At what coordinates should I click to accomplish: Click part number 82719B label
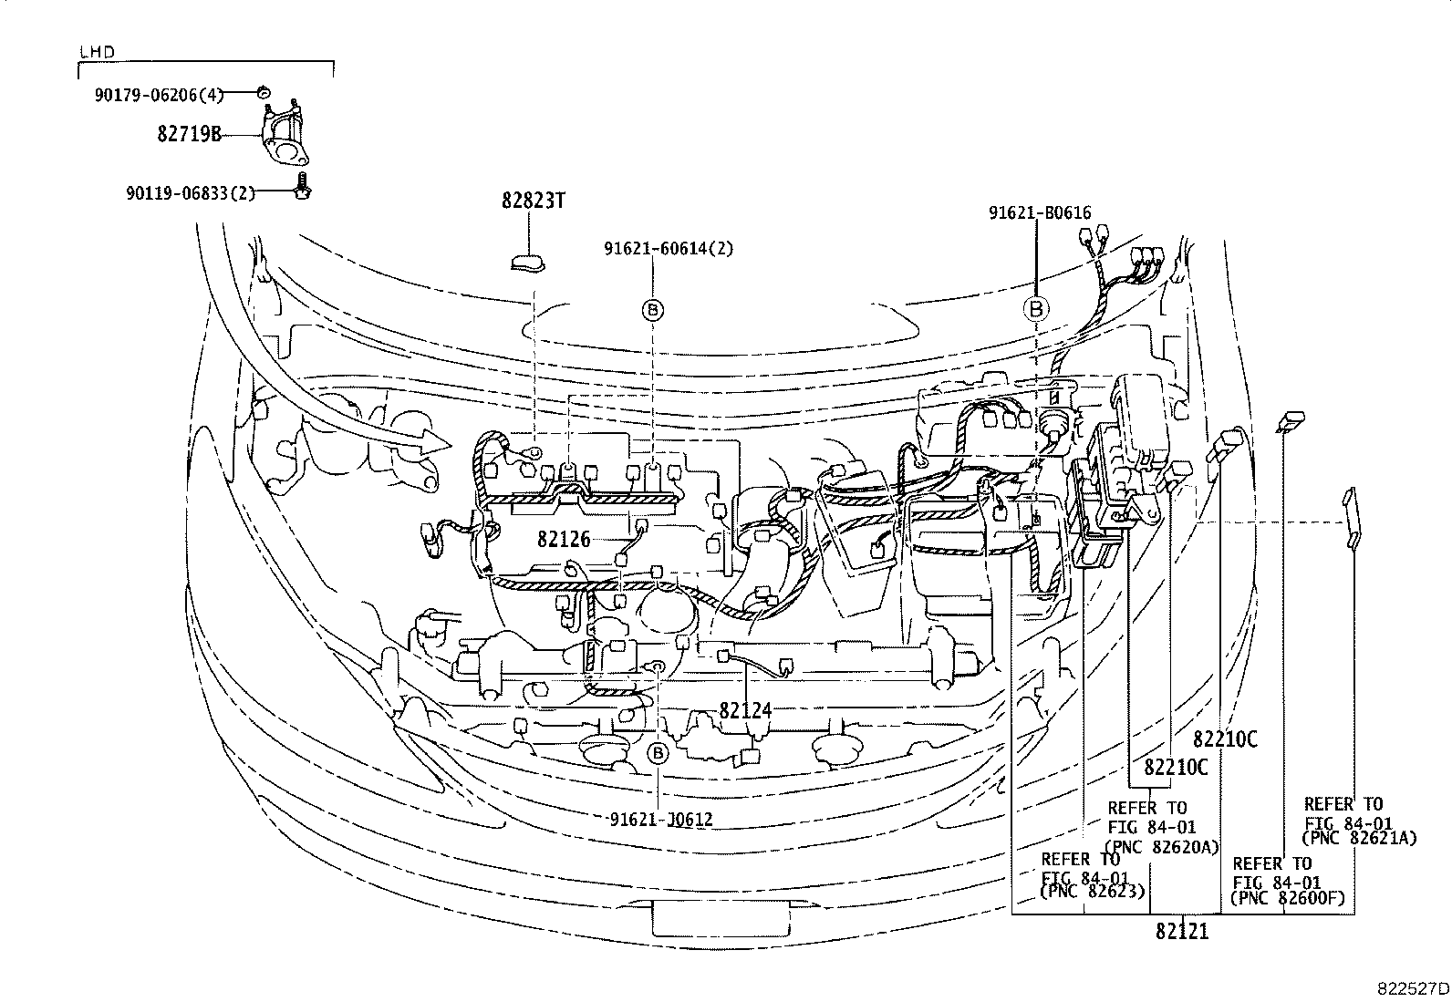tap(189, 135)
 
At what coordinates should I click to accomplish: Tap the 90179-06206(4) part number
tap(158, 94)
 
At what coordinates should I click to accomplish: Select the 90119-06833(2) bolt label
tap(191, 192)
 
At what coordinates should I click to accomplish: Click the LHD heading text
tap(97, 53)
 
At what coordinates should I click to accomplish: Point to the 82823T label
tap(533, 201)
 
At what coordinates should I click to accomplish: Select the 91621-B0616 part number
tap(1040, 213)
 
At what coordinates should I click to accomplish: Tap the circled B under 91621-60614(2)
tap(654, 311)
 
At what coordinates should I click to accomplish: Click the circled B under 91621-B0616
tap(1036, 310)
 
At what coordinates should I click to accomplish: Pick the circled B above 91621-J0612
tap(657, 753)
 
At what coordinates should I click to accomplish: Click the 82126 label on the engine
tap(564, 539)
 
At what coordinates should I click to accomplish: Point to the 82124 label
tap(745, 709)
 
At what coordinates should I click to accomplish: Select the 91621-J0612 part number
tap(660, 820)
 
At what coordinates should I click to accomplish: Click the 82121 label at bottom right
tap(1181, 932)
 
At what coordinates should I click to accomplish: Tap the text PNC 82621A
tap(1360, 838)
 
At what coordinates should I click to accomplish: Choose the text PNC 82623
tap(1092, 892)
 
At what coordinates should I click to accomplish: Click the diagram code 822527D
tap(1413, 987)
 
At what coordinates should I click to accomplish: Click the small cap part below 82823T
tap(527, 263)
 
